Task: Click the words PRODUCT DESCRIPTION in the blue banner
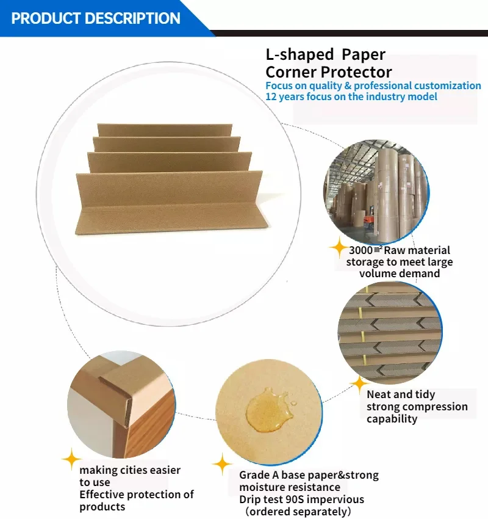click(x=96, y=18)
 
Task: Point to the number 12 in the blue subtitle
click(x=271, y=96)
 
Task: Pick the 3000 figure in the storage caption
click(x=361, y=250)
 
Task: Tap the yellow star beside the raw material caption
click(x=338, y=247)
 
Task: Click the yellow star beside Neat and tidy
click(x=358, y=384)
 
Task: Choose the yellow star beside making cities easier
click(x=71, y=459)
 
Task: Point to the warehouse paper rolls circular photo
click(x=376, y=193)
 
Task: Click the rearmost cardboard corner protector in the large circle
click(x=165, y=130)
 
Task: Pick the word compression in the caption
click(x=431, y=407)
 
